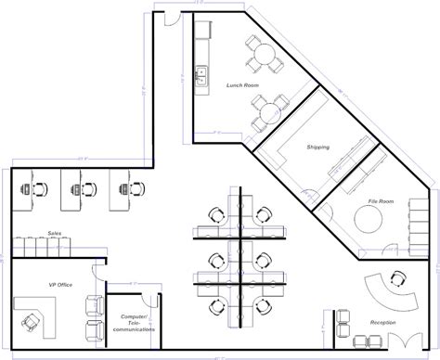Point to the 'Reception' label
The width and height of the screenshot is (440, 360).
point(382,322)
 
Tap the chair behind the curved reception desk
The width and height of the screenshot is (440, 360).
point(398,277)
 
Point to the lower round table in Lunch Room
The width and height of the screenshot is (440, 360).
point(268,111)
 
